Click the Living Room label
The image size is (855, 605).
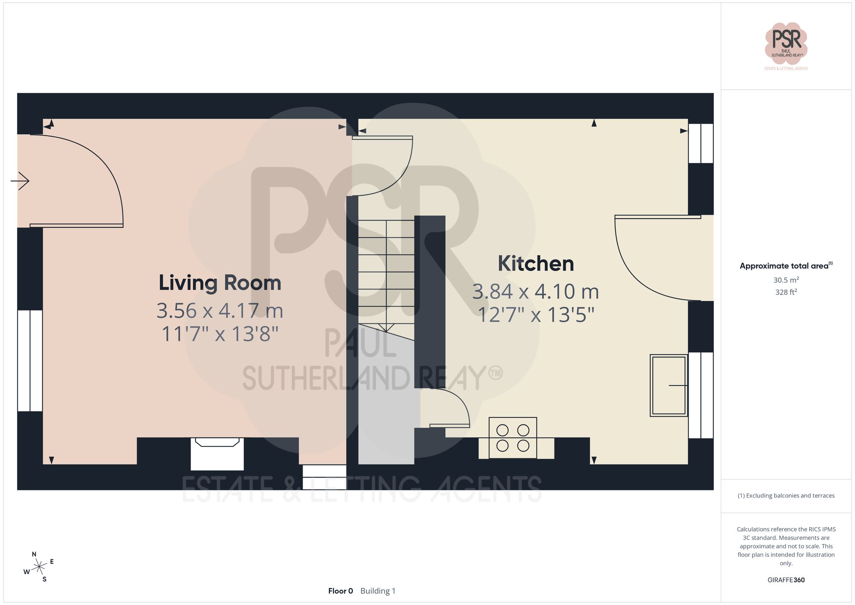[x=220, y=283]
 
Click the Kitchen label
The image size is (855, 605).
[x=535, y=264]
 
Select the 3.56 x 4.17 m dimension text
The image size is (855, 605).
[x=220, y=311]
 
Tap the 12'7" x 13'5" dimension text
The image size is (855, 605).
[x=535, y=315]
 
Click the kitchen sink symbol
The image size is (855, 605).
[x=669, y=385]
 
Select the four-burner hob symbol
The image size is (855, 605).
[x=513, y=438]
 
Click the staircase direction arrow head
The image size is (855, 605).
[x=386, y=328]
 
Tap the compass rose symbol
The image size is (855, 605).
[x=39, y=567]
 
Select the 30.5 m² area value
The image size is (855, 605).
[x=786, y=280]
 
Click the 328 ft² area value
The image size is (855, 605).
[x=786, y=292]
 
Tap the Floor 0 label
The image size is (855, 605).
[x=340, y=591]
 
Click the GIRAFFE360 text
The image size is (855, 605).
[x=786, y=580]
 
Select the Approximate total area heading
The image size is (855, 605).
[x=786, y=266]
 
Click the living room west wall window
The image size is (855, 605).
[x=30, y=360]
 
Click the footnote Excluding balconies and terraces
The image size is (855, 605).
[x=786, y=496]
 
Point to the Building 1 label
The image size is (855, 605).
[x=378, y=591]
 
